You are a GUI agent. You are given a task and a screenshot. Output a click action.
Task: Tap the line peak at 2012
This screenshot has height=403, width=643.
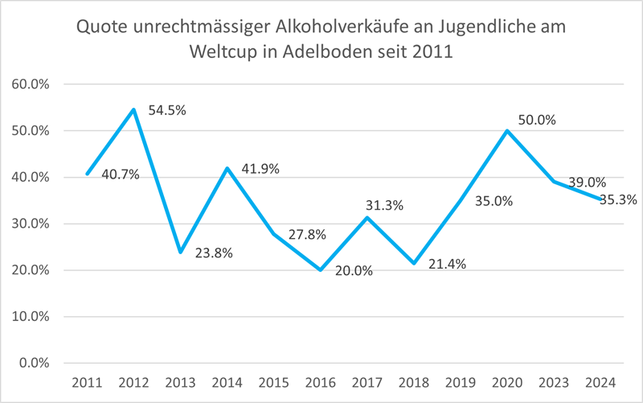click(133, 109)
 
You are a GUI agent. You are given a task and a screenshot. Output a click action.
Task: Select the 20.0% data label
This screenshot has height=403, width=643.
click(354, 270)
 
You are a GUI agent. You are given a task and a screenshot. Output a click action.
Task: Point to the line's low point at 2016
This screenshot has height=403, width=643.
click(321, 269)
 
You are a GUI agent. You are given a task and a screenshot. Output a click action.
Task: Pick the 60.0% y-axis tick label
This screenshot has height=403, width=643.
click(30, 84)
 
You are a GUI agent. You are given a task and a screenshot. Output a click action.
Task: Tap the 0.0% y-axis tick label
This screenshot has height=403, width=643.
click(33, 363)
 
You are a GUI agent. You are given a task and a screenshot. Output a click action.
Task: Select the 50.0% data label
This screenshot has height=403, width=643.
click(537, 120)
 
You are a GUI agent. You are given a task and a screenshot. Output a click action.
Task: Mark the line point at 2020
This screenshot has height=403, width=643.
click(507, 130)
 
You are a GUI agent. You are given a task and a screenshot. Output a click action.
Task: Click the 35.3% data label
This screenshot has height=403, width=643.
click(609, 199)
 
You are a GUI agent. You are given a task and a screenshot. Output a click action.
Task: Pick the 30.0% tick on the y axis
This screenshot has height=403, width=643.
click(30, 224)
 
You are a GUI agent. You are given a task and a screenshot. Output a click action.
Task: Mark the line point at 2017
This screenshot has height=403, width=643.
click(367, 217)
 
